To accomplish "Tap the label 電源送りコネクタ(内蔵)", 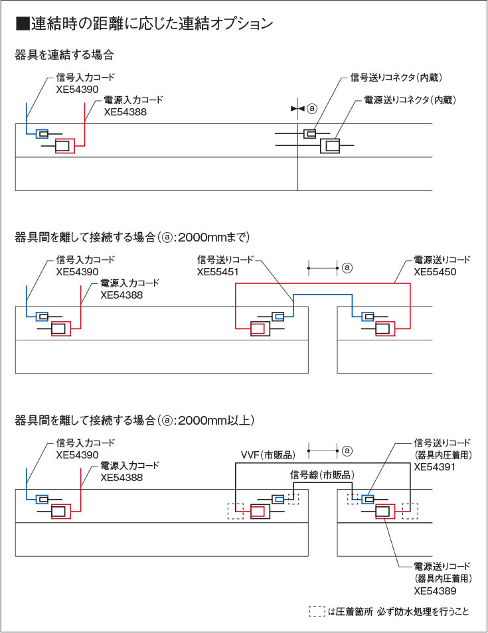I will click(x=411, y=100).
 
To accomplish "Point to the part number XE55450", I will click(x=435, y=272).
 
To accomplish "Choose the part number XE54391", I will click(x=435, y=467).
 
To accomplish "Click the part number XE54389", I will click(x=435, y=590).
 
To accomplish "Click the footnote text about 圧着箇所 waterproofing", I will click(x=398, y=612).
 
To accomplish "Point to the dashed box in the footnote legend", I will click(x=317, y=612).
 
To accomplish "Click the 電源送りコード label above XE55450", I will click(x=442, y=259).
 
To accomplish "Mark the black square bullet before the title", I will click(x=22, y=25).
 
